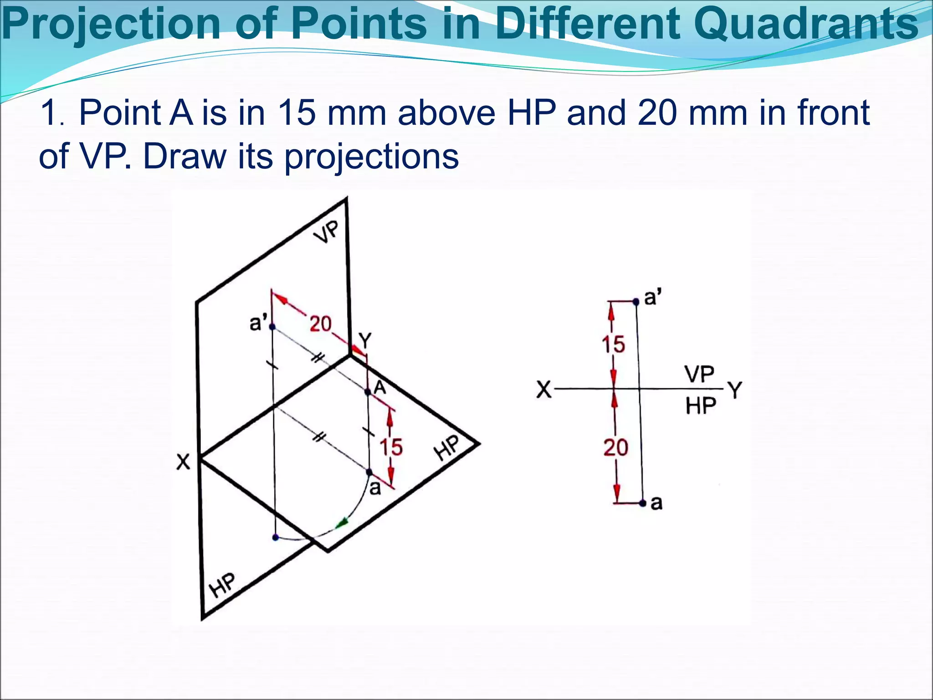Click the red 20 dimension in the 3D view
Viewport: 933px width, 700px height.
pyautogui.click(x=320, y=324)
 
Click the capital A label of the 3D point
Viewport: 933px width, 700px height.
pyautogui.click(x=380, y=388)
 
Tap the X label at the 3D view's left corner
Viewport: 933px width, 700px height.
pyautogui.click(x=183, y=462)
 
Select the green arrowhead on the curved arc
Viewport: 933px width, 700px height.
pyautogui.click(x=342, y=524)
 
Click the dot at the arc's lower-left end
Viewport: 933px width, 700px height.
pyautogui.click(x=275, y=537)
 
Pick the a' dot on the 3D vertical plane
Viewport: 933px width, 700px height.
pyautogui.click(x=272, y=327)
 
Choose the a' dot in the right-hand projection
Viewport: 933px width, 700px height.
pyautogui.click(x=636, y=301)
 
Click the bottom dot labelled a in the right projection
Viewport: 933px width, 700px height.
pyautogui.click(x=642, y=503)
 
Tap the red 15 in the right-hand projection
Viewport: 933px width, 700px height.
pyautogui.click(x=613, y=344)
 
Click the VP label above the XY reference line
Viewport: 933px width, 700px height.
pyautogui.click(x=699, y=374)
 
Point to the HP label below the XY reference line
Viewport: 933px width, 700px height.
pyautogui.click(x=701, y=405)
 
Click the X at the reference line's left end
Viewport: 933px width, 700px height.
pyautogui.click(x=544, y=390)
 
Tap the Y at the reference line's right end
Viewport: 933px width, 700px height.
pyautogui.click(x=734, y=390)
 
